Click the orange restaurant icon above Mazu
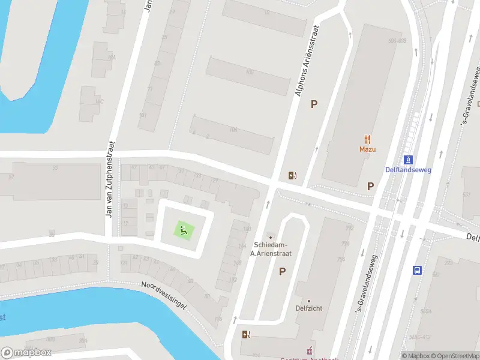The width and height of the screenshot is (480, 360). [x=367, y=139]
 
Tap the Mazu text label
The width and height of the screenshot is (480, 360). [x=367, y=149]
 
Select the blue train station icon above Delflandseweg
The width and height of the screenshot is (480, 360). [x=408, y=160]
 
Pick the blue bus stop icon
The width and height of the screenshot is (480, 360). [x=418, y=270]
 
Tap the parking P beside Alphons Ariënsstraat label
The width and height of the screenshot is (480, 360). [x=313, y=104]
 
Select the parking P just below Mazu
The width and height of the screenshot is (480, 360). [x=371, y=186]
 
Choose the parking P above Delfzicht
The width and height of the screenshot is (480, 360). [x=282, y=272]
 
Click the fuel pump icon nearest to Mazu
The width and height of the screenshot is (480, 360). [x=292, y=175]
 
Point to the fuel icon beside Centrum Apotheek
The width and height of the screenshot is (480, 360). [x=245, y=334]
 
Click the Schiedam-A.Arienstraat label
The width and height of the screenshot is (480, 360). [x=269, y=249]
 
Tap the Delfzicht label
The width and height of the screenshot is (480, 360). [x=309, y=308]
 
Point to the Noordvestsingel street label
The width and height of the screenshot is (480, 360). [x=164, y=295]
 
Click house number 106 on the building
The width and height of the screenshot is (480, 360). [x=233, y=130]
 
